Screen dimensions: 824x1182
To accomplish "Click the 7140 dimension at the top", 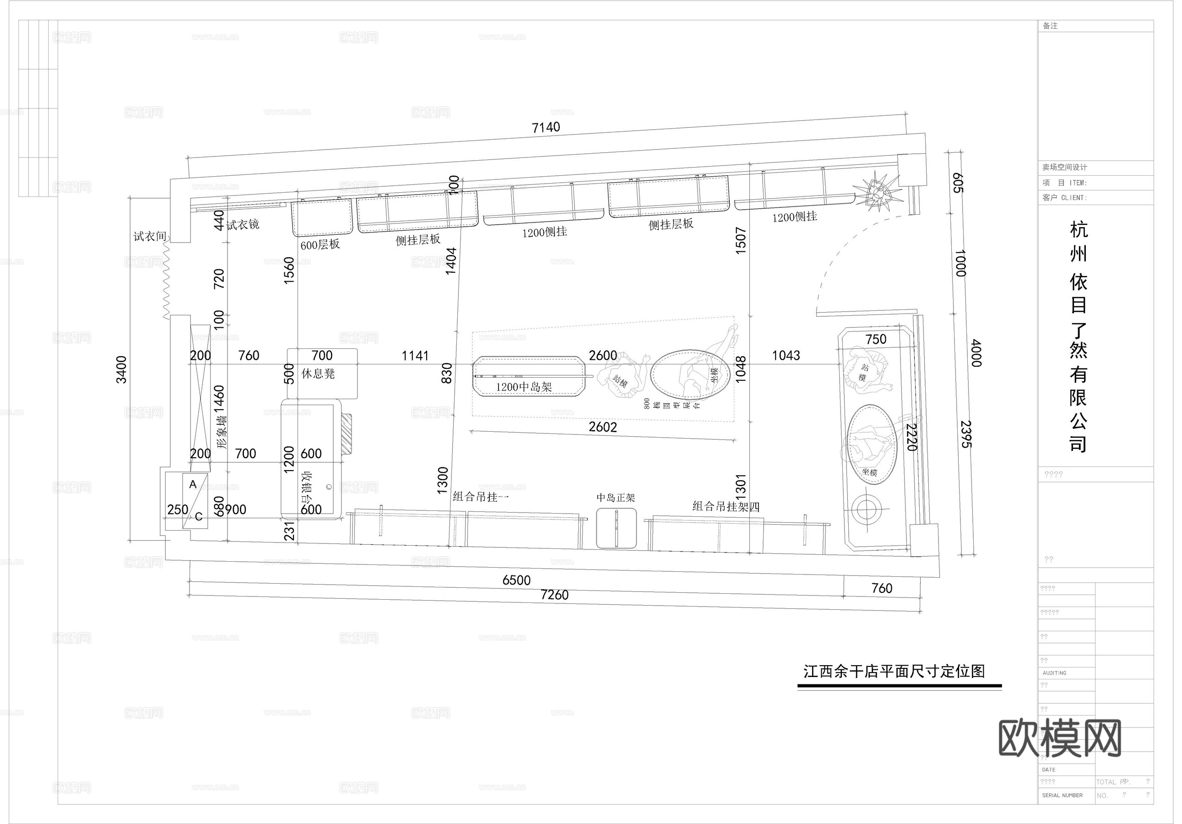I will tap(546, 127).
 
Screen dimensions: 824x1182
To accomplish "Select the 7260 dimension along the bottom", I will tap(554, 595).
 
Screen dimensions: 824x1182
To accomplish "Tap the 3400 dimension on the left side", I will tap(121, 369).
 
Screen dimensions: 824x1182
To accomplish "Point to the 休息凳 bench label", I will tap(318, 374).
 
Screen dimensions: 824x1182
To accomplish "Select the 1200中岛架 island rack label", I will tap(524, 387).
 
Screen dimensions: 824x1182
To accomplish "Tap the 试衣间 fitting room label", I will tap(150, 236).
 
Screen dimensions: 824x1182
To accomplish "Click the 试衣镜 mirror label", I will tap(243, 224).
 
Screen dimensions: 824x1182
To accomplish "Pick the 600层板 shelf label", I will tap(320, 244).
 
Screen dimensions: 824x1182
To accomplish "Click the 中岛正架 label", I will tap(616, 498).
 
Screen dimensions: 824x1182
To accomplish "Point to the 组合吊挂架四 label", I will tap(726, 506).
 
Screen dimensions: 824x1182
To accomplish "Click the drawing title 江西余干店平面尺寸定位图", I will tap(894, 671).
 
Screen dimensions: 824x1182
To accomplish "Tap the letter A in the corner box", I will tap(193, 484).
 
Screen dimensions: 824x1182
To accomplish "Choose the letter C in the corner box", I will tap(199, 516).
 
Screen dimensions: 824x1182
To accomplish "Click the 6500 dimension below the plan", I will tap(516, 580).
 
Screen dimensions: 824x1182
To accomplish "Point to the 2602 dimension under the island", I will tap(603, 427).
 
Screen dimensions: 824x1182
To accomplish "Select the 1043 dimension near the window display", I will tap(786, 355).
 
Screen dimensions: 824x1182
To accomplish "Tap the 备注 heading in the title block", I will tap(1050, 26).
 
